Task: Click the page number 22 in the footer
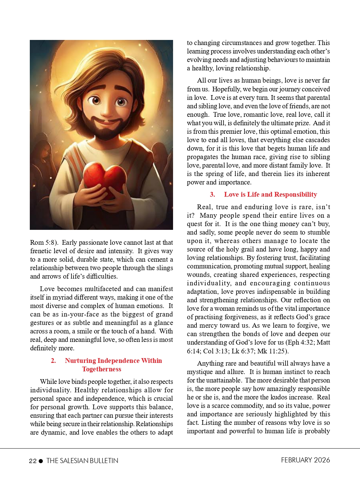click(33, 461)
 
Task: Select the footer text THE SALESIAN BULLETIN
click(82, 461)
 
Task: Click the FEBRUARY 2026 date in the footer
click(305, 460)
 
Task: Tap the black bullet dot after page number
click(41, 461)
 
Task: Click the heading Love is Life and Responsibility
click(270, 195)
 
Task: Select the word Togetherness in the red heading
click(102, 369)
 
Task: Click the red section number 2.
click(53, 361)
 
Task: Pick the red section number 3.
click(212, 195)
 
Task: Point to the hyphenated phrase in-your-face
click(81, 314)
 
